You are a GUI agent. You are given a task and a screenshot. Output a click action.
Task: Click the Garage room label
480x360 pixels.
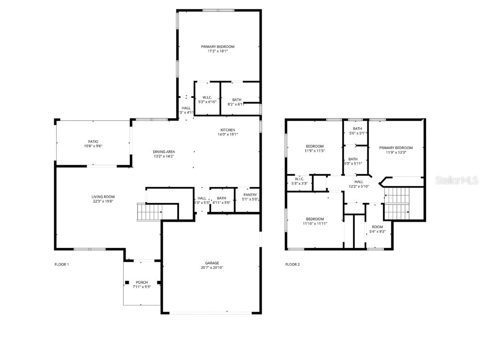tap(211, 263)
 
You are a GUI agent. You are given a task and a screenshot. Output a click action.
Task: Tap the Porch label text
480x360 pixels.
tap(142, 282)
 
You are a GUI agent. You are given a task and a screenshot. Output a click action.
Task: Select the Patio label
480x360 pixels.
tap(93, 141)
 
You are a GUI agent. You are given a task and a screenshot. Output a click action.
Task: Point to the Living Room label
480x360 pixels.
tap(103, 196)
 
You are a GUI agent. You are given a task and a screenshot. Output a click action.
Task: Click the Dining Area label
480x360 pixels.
tap(164, 151)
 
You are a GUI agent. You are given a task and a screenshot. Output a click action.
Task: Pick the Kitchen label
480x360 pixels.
tap(228, 130)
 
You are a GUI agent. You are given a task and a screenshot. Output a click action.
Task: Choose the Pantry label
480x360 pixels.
tap(249, 195)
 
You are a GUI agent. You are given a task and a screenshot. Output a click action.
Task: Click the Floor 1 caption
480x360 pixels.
tap(61, 264)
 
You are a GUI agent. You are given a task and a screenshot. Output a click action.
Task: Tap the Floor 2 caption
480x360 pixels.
tap(292, 264)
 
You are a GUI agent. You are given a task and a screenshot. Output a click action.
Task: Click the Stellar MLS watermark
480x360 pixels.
tap(456, 180)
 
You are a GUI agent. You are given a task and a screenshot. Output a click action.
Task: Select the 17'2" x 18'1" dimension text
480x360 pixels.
tap(217, 51)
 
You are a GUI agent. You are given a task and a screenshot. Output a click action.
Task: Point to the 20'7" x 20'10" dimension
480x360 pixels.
tap(211, 268)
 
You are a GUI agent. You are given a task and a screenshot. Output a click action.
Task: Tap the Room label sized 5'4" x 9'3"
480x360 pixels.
tap(377, 227)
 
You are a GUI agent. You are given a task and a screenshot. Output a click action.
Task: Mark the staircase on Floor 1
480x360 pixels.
tap(150, 212)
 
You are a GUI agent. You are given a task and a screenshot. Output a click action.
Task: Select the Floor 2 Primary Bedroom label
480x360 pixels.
tap(396, 148)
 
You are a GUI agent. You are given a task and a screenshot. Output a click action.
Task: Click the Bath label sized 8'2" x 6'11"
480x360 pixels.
tap(237, 99)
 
